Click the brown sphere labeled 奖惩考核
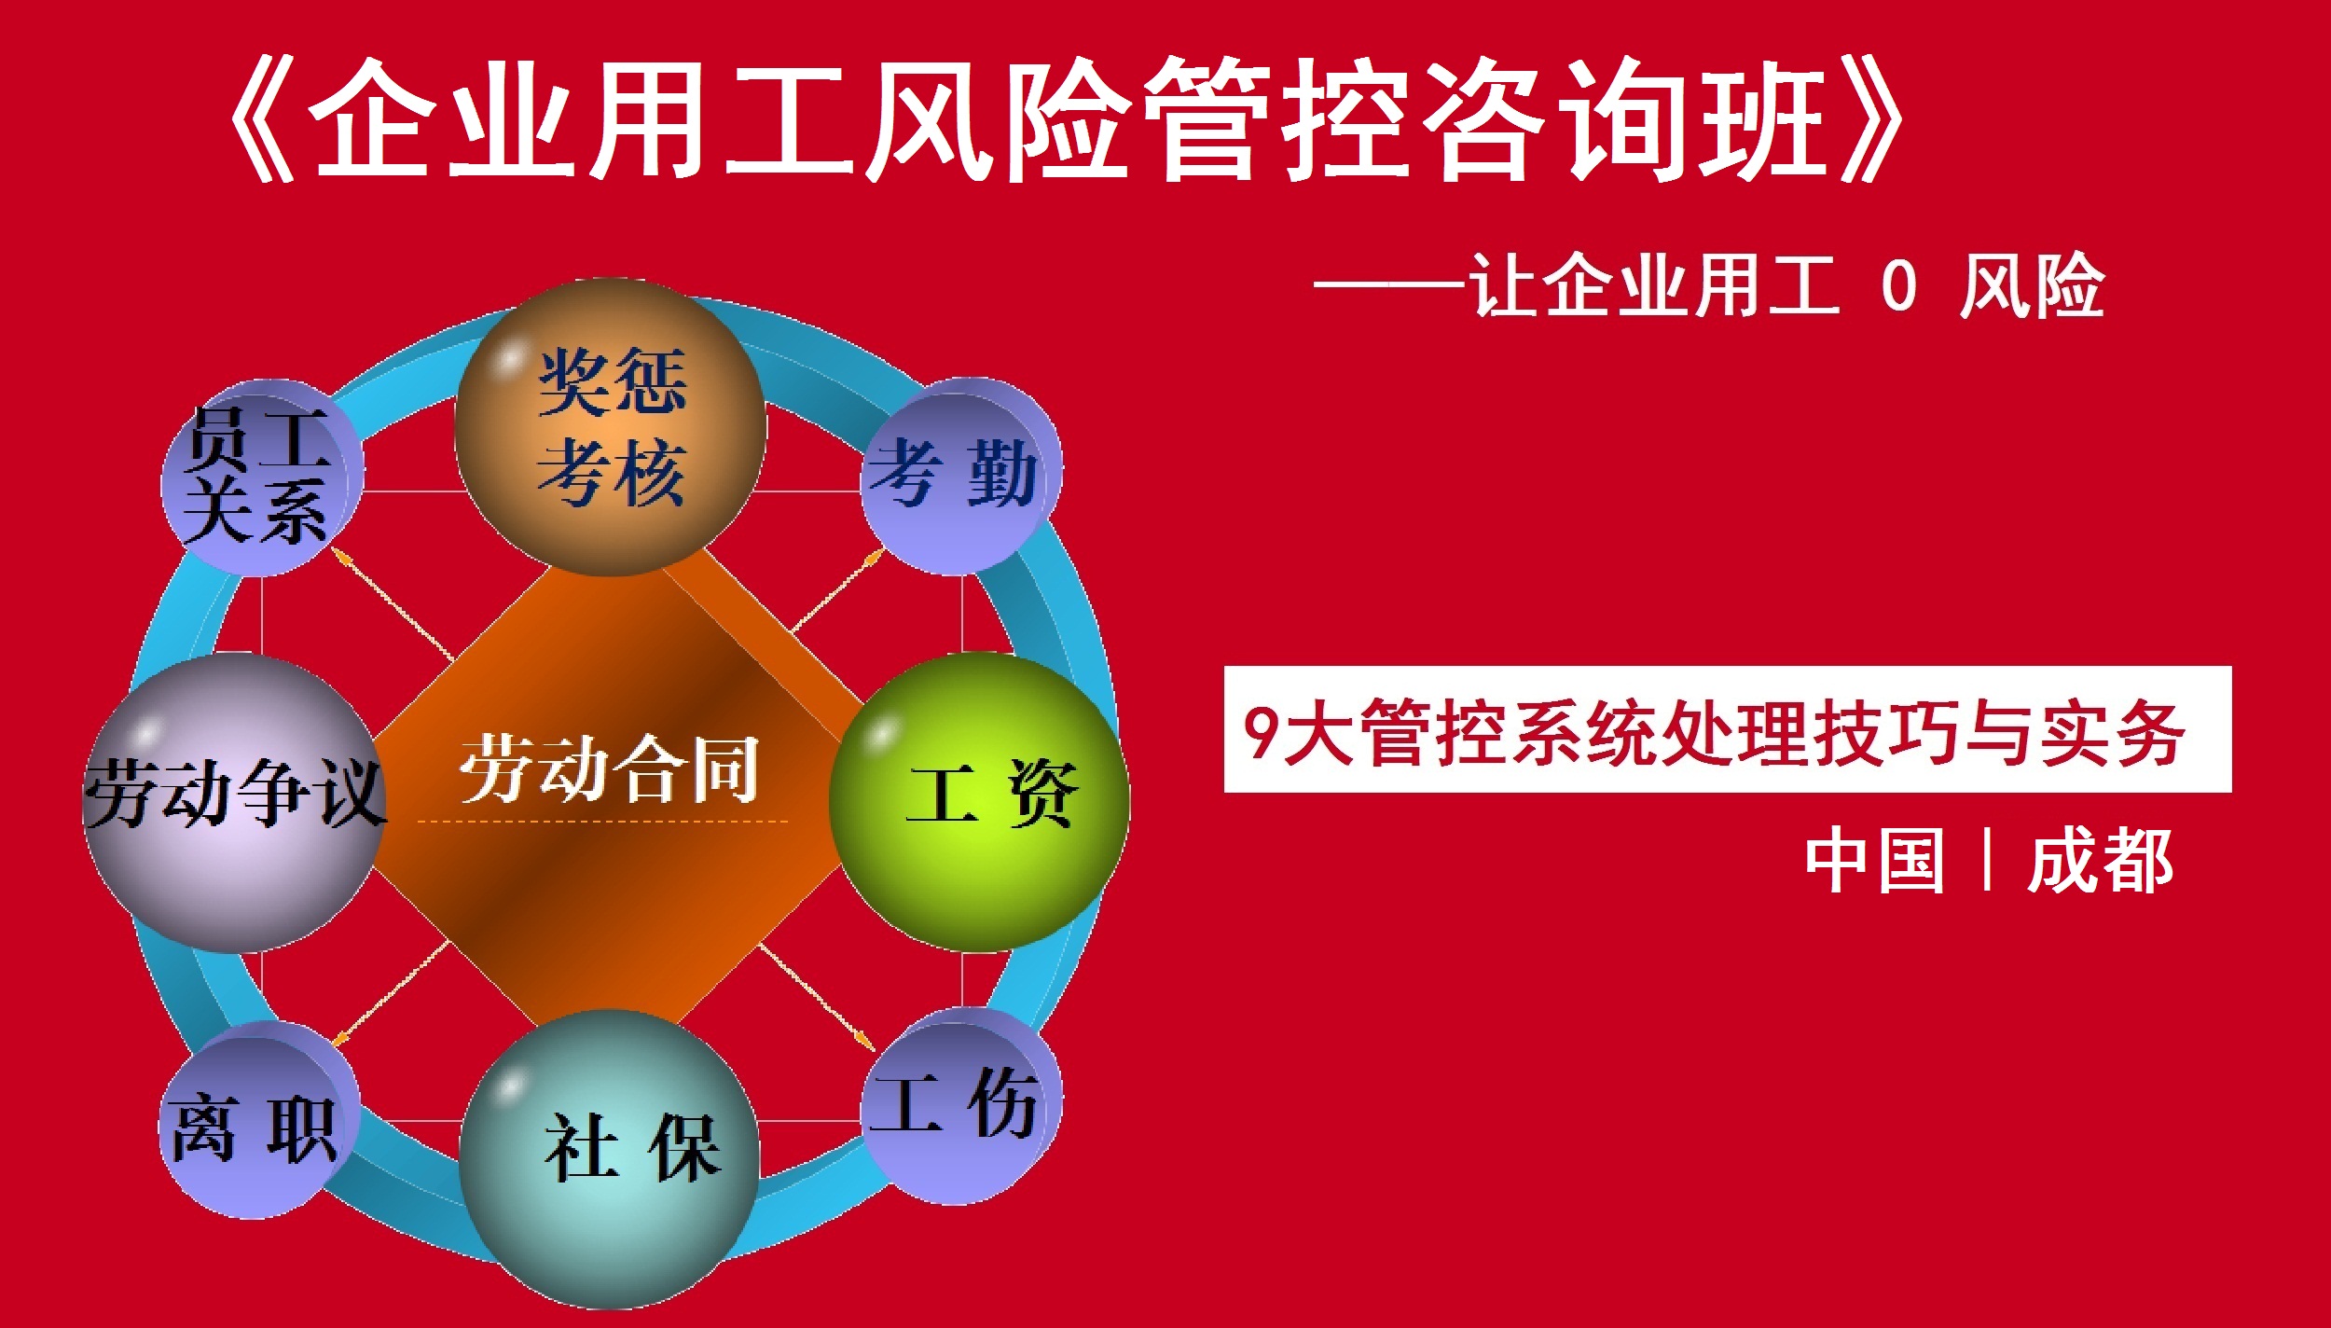[611, 427]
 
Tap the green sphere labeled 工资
[979, 802]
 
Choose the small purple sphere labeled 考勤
[960, 476]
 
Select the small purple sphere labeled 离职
[259, 1119]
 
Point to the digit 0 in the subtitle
[1898, 286]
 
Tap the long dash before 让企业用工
[1389, 286]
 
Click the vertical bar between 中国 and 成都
[1987, 860]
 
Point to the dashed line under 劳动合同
[602, 822]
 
